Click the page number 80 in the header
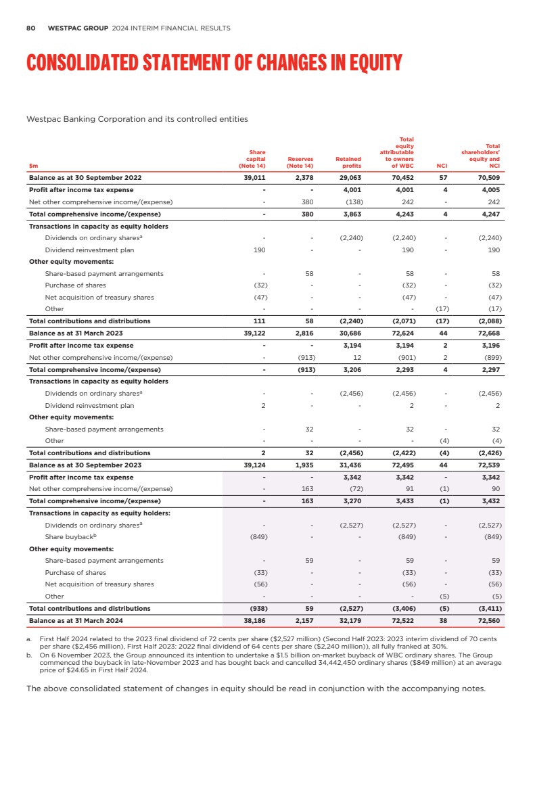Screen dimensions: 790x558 coord(30,28)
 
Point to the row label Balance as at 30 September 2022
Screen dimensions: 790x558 coord(85,179)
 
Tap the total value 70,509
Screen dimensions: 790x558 coord(488,179)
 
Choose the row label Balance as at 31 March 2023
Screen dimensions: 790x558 coord(80,333)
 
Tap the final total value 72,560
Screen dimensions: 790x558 coord(488,620)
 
